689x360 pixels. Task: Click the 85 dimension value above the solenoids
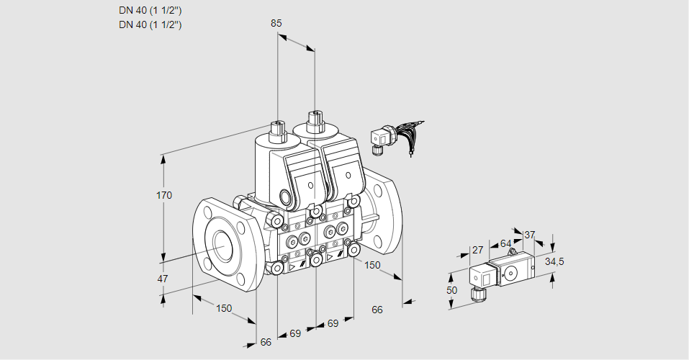(x=276, y=23)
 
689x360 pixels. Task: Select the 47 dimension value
(x=163, y=279)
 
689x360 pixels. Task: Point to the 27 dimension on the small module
(x=477, y=251)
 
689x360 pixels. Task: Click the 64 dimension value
(x=505, y=243)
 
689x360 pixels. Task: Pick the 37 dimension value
(x=530, y=235)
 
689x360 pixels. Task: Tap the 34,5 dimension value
(x=554, y=261)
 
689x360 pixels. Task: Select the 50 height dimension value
(x=451, y=290)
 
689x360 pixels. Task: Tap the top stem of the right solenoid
(x=315, y=119)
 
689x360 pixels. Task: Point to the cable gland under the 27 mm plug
(x=475, y=292)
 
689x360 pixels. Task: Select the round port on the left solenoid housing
(x=288, y=198)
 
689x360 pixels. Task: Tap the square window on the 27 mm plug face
(x=486, y=276)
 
